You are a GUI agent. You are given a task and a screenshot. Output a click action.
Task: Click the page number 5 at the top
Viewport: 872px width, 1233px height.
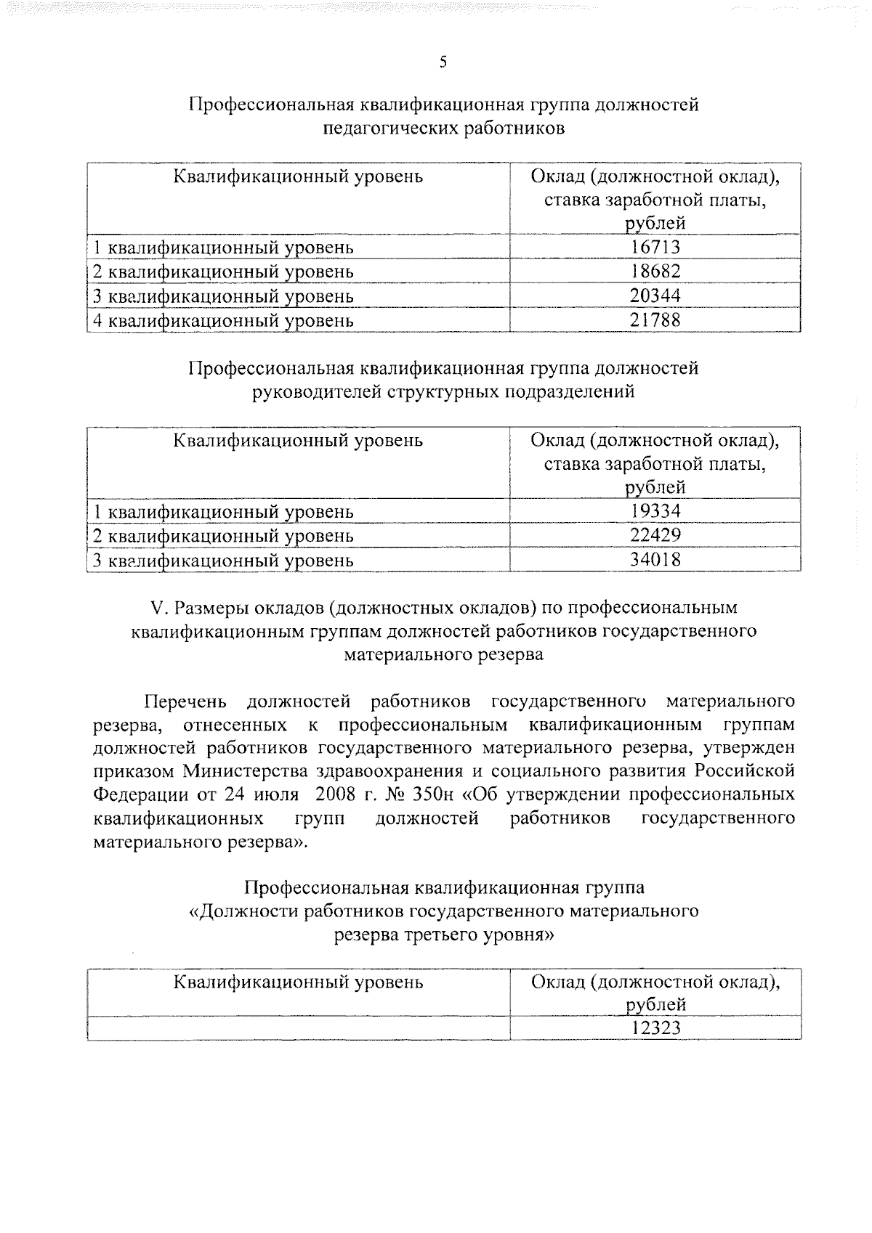(443, 62)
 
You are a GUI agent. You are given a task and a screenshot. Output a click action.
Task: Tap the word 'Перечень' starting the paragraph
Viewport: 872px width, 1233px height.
(186, 701)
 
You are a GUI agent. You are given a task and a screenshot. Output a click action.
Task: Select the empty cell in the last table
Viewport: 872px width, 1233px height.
(298, 1029)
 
